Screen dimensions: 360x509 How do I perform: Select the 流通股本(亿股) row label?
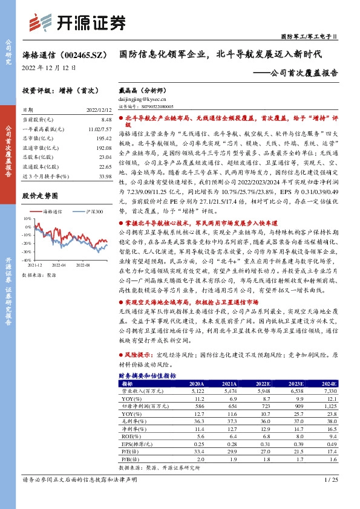pos(39,166)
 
